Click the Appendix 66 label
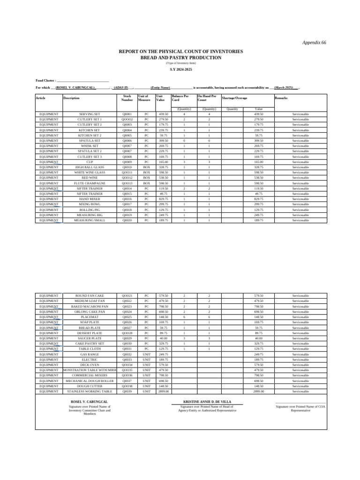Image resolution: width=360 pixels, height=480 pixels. point(314,43)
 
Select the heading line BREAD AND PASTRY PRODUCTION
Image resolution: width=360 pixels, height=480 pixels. point(180,58)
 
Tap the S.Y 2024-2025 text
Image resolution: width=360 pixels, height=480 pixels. point(180,69)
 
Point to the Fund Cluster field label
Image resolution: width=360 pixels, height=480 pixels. point(46,81)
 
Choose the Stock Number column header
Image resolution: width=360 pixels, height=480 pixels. point(127,97)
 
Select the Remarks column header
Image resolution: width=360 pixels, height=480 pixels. point(281,98)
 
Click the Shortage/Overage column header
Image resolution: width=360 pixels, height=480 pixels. point(234,98)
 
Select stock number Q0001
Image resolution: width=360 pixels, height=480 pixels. point(127,114)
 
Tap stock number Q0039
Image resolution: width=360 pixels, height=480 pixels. point(127,391)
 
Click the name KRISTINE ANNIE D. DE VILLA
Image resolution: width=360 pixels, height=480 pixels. point(207,402)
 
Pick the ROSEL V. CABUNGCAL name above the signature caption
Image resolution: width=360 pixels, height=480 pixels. point(89,402)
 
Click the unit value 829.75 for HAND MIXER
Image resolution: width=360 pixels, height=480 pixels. point(163,199)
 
